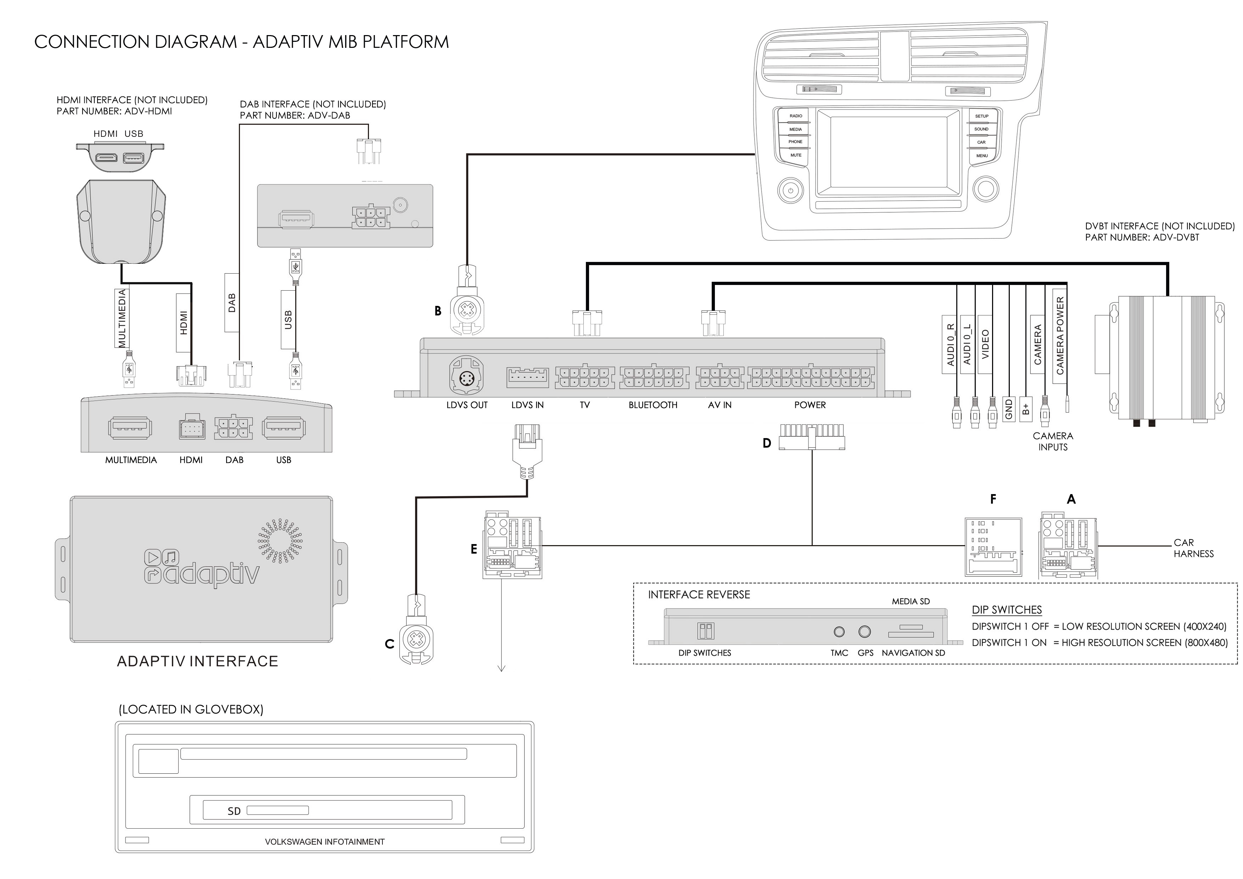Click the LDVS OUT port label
467,405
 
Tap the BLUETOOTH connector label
653,405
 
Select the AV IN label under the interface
720,405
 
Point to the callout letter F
993,499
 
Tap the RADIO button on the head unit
795,116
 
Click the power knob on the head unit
790,191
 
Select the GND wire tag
1009,410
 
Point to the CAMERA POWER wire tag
1059,336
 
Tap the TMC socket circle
839,632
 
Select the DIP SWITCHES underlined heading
1007,610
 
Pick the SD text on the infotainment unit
234,811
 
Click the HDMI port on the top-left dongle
107,157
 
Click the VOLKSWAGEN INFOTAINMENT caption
324,842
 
